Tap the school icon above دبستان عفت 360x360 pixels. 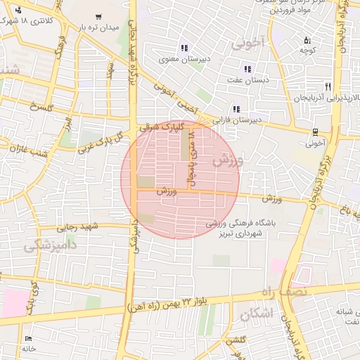tap(247, 69)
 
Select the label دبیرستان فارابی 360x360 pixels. tap(237, 120)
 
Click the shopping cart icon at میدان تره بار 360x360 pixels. tap(98, 17)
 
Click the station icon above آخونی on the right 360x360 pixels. tap(315, 131)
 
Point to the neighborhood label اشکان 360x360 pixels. tap(254, 314)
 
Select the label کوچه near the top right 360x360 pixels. tap(306, 50)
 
